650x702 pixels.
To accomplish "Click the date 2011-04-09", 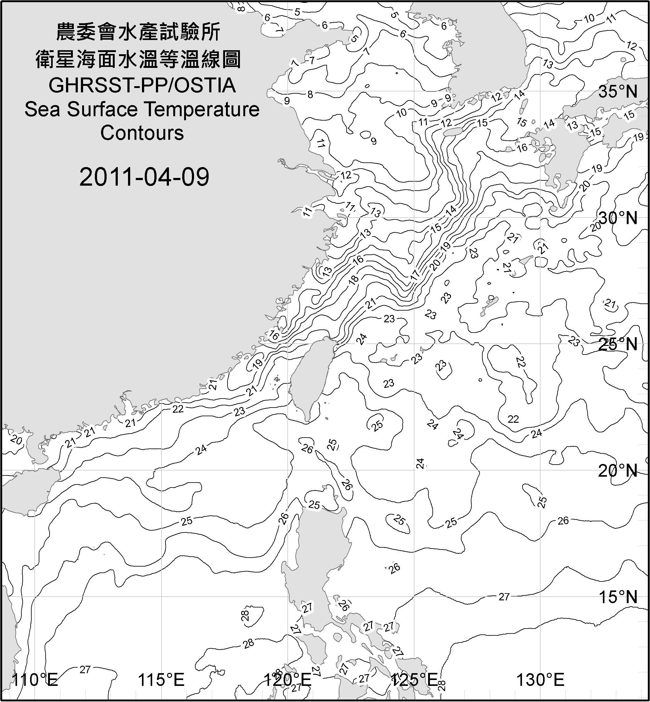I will coord(144,177).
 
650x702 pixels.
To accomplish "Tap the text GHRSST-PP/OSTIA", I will coord(142,86).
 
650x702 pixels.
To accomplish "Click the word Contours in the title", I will coord(142,133).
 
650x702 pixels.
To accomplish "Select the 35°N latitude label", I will coord(618,92).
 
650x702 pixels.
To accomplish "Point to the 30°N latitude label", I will coord(618,219).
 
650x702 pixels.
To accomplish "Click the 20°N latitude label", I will coord(618,471).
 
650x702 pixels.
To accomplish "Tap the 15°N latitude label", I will coord(618,597).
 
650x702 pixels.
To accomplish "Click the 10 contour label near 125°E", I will coord(401,113).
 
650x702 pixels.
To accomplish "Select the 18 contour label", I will coord(354,279).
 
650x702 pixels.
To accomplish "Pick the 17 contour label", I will coord(415,275).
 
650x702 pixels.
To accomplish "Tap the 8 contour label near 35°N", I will coord(310,94).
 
